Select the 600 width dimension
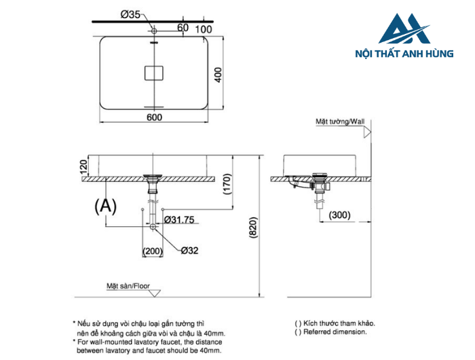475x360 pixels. (153, 118)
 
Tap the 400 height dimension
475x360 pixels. (218, 75)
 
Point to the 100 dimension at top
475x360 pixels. (203, 28)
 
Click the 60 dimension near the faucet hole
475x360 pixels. (182, 28)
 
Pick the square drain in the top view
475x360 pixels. (154, 71)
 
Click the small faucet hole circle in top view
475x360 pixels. (154, 31)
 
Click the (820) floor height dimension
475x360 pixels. (252, 228)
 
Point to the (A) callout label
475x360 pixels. (105, 206)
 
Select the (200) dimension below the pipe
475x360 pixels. (153, 251)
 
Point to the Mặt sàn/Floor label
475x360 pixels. (128, 286)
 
